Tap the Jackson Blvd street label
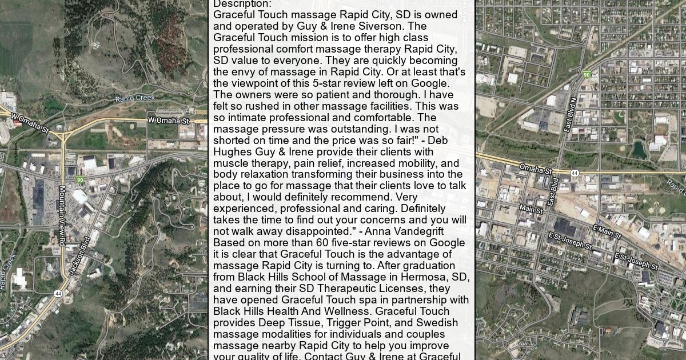(80, 255)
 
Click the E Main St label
(607, 232)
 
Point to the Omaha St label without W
(536, 169)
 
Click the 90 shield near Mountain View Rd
(80, 180)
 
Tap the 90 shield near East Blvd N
(587, 74)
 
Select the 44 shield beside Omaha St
(575, 173)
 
